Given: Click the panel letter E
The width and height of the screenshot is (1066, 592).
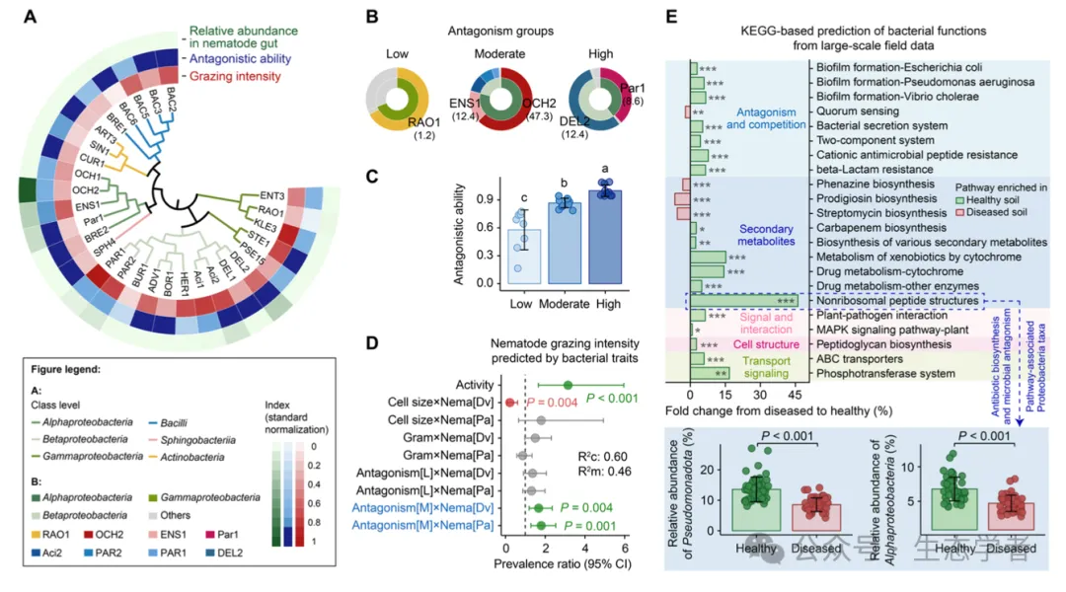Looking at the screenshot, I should [x=672, y=17].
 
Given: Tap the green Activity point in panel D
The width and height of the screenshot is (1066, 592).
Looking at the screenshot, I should [x=568, y=385].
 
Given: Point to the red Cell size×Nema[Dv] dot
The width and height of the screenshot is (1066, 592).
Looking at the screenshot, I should [x=510, y=403].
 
